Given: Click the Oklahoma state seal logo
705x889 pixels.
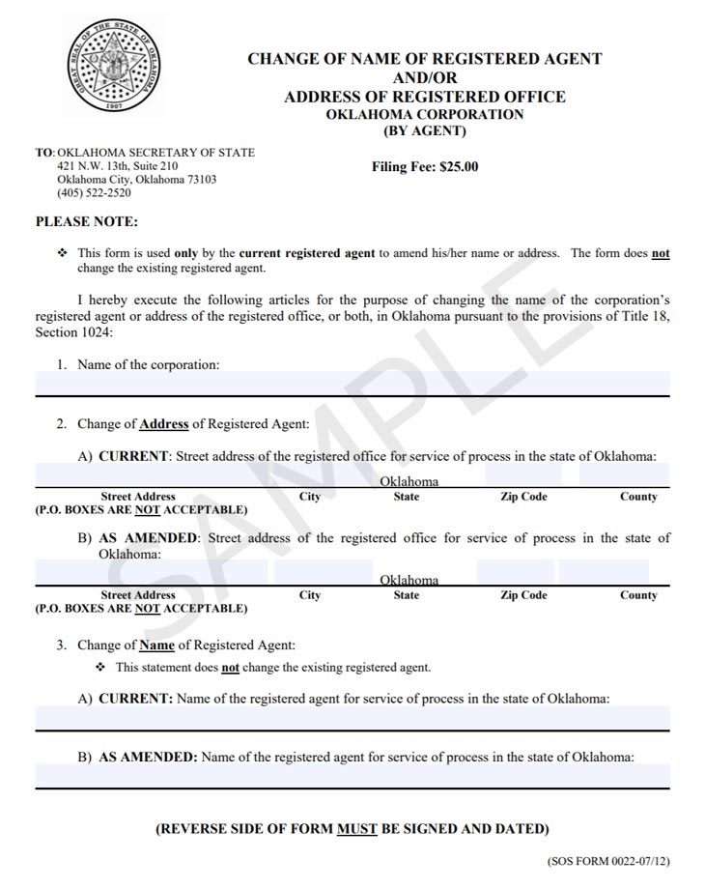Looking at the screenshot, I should [x=112, y=65].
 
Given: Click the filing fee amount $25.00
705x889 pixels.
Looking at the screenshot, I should [x=458, y=166].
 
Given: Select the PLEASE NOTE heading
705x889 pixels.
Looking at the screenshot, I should [x=87, y=222].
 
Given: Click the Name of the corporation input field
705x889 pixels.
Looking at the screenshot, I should [x=352, y=384].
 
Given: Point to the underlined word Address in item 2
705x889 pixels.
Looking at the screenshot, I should [x=164, y=424].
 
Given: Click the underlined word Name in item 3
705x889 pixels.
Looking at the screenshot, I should [x=156, y=645].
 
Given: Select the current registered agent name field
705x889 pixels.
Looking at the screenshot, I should [x=352, y=718].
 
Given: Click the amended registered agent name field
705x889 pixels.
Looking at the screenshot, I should [x=352, y=776].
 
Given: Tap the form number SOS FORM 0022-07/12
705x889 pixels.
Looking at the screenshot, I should [x=608, y=860].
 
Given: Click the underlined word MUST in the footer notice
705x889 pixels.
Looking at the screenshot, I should [x=356, y=829].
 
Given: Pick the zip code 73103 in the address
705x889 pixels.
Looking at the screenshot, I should [x=200, y=180].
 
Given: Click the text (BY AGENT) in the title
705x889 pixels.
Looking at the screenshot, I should [x=425, y=131].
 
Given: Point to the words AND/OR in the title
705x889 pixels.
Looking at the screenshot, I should [x=425, y=77].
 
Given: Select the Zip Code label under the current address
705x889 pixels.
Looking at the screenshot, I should [x=523, y=497].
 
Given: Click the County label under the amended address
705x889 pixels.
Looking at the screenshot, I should [x=638, y=595].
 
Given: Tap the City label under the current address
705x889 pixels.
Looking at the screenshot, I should [x=310, y=497].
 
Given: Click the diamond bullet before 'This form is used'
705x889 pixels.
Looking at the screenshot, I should [x=63, y=253].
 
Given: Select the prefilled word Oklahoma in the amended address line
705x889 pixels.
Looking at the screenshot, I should [x=409, y=581].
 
